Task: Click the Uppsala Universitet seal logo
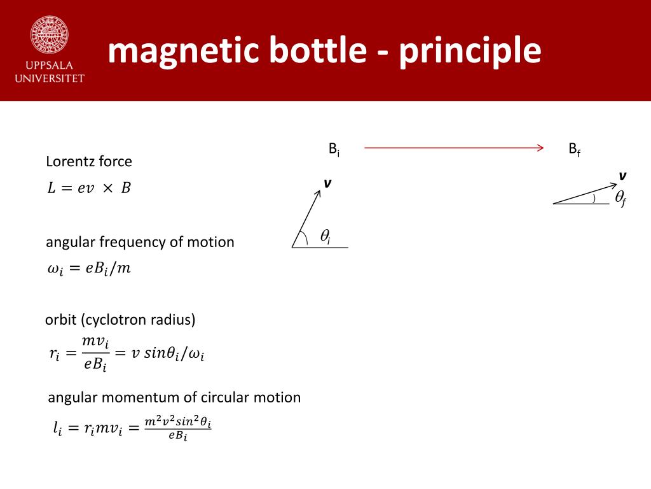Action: point(49,34)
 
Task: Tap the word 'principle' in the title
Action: point(470,52)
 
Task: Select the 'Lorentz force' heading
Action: point(89,162)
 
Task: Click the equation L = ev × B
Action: point(89,188)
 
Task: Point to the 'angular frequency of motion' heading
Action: point(140,242)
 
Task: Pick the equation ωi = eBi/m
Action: point(89,269)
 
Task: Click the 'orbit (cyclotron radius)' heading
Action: point(120,320)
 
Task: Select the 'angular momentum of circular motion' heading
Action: point(174,397)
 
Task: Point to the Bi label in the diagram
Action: point(334,150)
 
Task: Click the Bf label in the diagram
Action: point(574,150)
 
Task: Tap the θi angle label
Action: point(325,237)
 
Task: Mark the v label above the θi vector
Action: point(327,183)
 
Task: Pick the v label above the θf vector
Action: point(622,176)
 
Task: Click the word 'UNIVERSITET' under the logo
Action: point(49,78)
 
